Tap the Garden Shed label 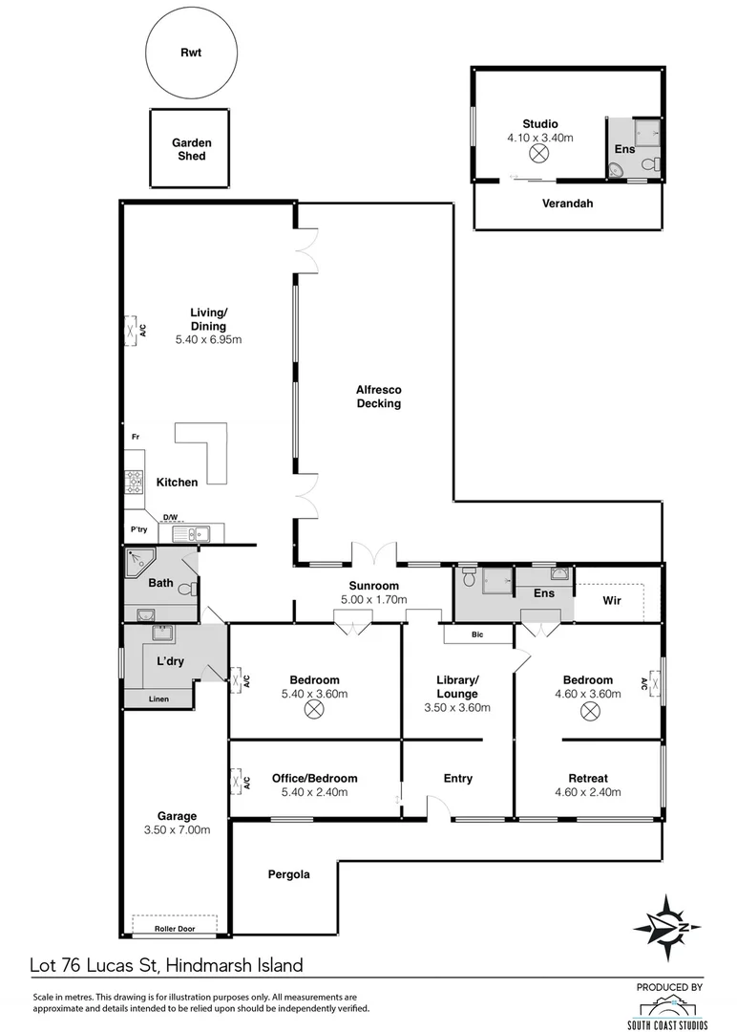click(192, 149)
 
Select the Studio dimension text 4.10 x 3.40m click(539, 138)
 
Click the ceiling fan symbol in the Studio click(539, 154)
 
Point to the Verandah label click(568, 204)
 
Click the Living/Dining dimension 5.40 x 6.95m click(209, 339)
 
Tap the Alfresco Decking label click(378, 397)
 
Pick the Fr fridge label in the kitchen click(136, 438)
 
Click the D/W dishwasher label click(170, 518)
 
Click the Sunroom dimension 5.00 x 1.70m click(373, 600)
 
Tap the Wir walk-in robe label click(612, 602)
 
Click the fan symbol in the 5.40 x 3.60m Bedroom click(313, 709)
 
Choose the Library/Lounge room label click(456, 687)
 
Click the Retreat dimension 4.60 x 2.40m click(588, 792)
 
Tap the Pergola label click(288, 873)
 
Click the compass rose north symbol click(668, 924)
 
